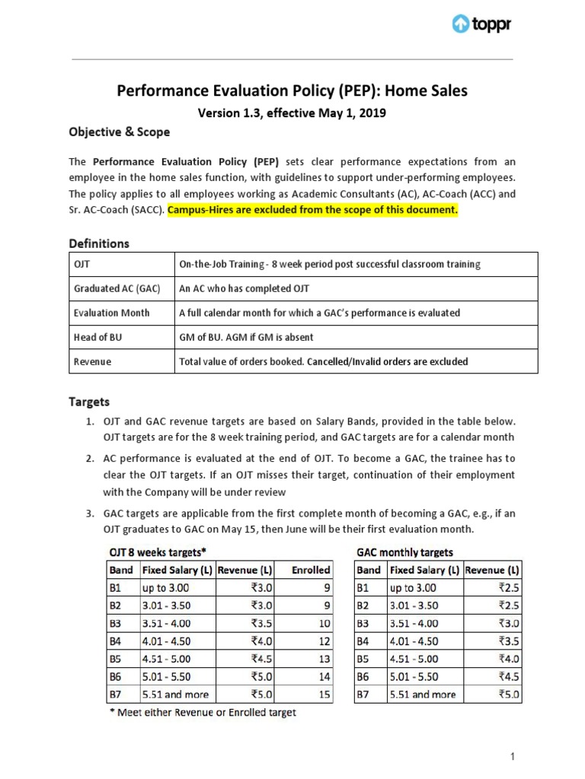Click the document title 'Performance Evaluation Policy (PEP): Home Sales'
point(292,91)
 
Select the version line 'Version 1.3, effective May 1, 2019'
point(292,113)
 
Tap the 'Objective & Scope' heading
point(119,132)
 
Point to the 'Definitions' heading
point(99,243)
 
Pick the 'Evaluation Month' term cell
point(111,313)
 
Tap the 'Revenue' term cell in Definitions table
point(92,361)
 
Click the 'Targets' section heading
point(90,401)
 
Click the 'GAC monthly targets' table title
point(404,552)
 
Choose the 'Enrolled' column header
point(311,569)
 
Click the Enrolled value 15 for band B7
point(323,694)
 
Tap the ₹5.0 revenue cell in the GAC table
point(508,694)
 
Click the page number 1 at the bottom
point(513,756)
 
